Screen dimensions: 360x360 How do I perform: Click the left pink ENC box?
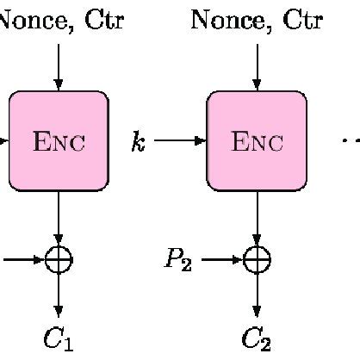tap(59, 140)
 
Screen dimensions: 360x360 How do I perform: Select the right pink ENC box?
tap(257, 140)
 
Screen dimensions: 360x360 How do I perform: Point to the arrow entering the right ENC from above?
tap(257, 65)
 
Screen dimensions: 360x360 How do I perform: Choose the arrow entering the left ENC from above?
tap(59, 65)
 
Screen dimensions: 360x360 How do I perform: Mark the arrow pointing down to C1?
tap(59, 295)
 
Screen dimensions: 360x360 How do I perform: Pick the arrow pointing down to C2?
tap(257, 295)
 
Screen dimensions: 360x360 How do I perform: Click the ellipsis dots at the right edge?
tap(351, 140)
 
